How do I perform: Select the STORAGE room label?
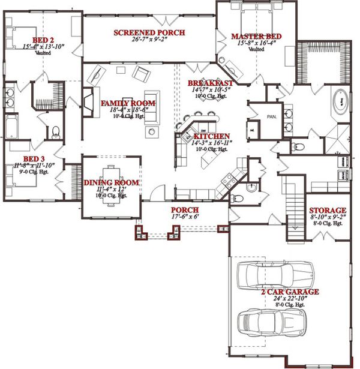pyautogui.click(x=326, y=211)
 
